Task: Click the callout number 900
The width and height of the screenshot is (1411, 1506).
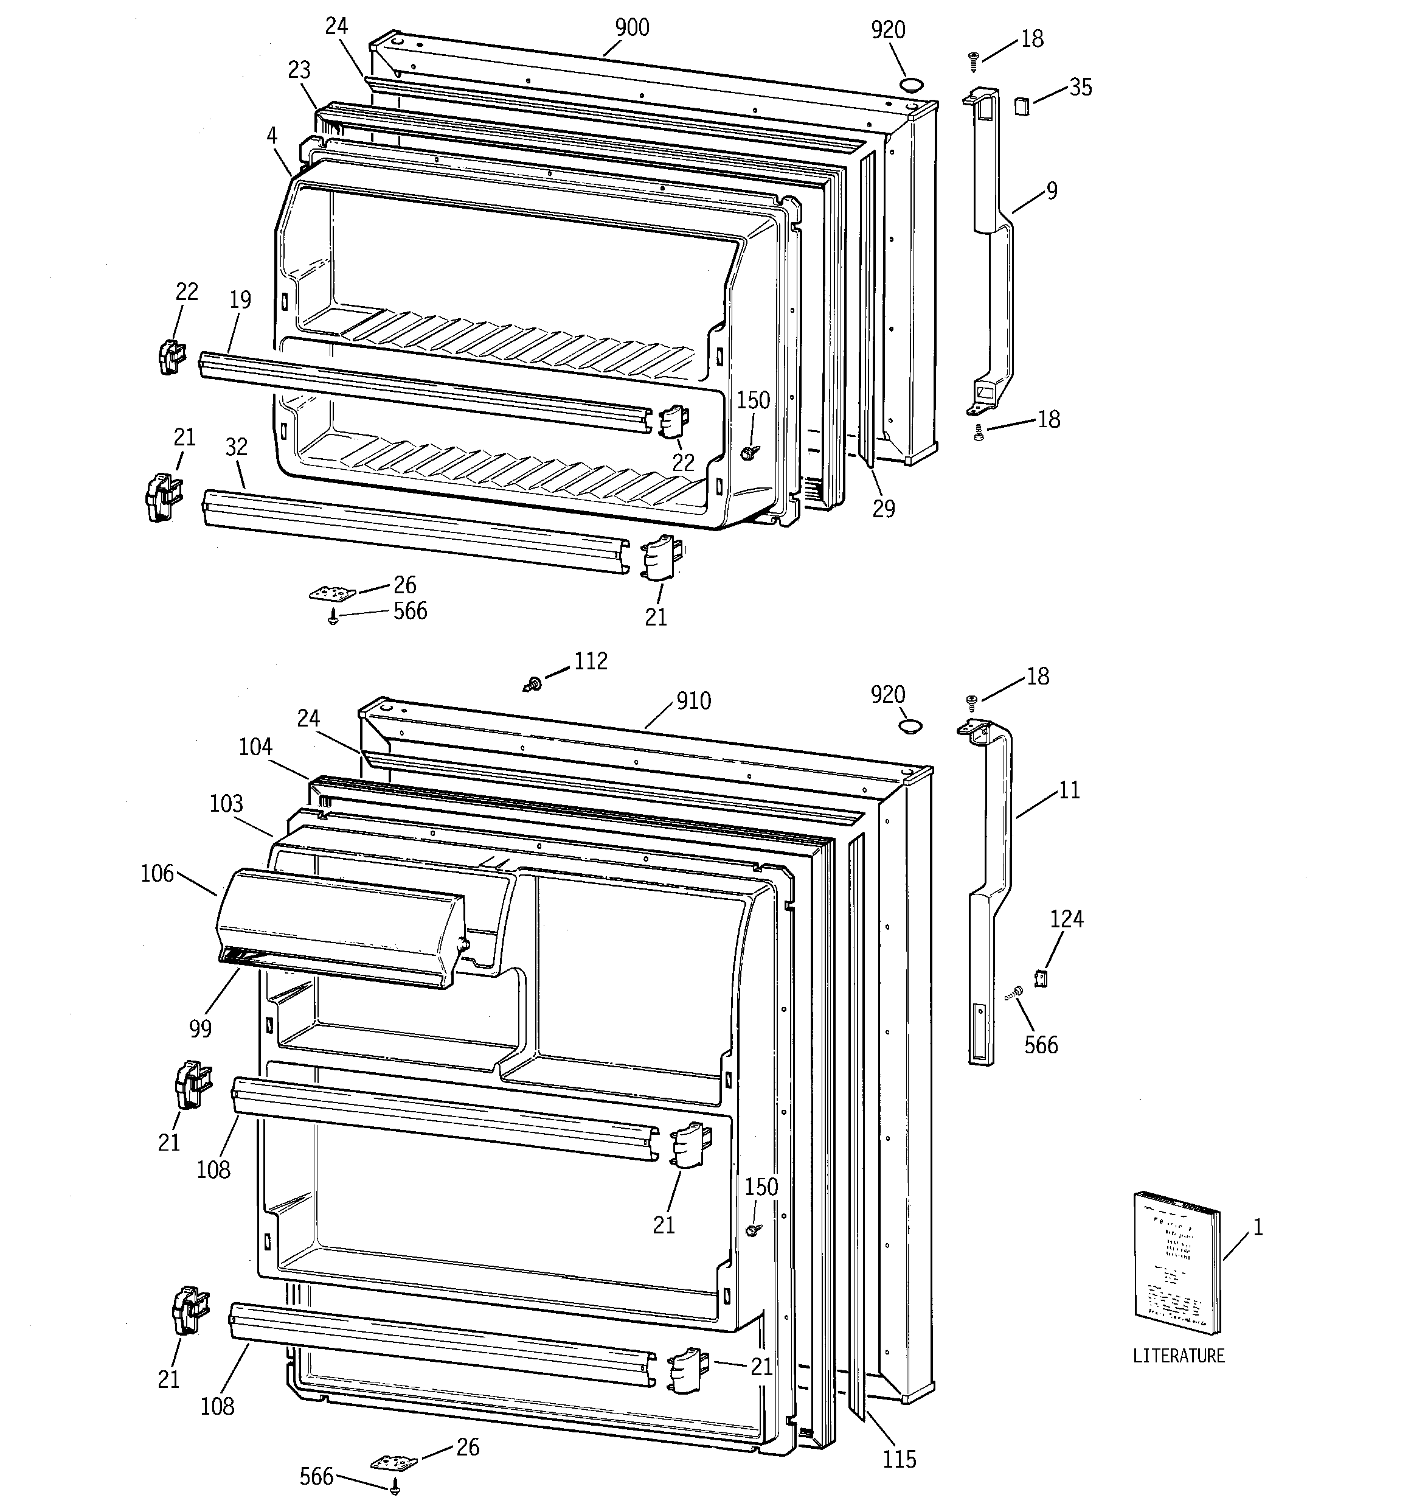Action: click(x=632, y=28)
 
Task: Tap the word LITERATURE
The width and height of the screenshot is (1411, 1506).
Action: click(x=1179, y=1356)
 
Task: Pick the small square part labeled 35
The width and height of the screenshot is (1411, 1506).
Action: click(x=1022, y=105)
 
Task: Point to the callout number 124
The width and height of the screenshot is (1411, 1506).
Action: click(x=1066, y=919)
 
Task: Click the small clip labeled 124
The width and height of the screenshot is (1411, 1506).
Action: click(x=1041, y=979)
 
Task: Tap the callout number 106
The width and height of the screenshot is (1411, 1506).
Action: click(x=158, y=873)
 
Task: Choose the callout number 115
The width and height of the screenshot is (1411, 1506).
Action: click(x=899, y=1459)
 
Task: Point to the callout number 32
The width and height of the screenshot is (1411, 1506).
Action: click(x=237, y=447)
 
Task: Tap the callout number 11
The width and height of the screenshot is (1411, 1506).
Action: click(x=1069, y=790)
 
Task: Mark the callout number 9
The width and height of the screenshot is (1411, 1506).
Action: click(x=1052, y=191)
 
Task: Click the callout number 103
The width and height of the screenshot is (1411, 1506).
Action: click(x=226, y=803)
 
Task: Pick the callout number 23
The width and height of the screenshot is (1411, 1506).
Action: click(x=299, y=71)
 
